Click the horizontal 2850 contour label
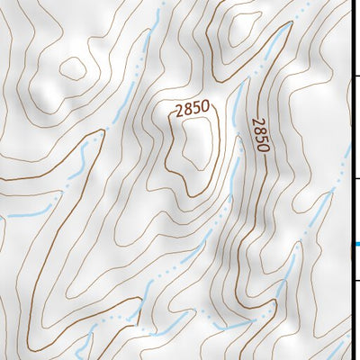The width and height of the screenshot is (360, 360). (x=192, y=109)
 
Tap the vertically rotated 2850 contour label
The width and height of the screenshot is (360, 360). (x=260, y=135)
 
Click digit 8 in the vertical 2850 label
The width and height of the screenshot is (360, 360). (x=259, y=130)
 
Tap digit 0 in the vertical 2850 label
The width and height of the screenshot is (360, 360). (x=262, y=147)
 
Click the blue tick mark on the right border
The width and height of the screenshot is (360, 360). (x=355, y=243)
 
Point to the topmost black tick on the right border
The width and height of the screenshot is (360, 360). (x=355, y=78)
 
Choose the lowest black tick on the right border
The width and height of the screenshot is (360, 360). (x=355, y=280)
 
